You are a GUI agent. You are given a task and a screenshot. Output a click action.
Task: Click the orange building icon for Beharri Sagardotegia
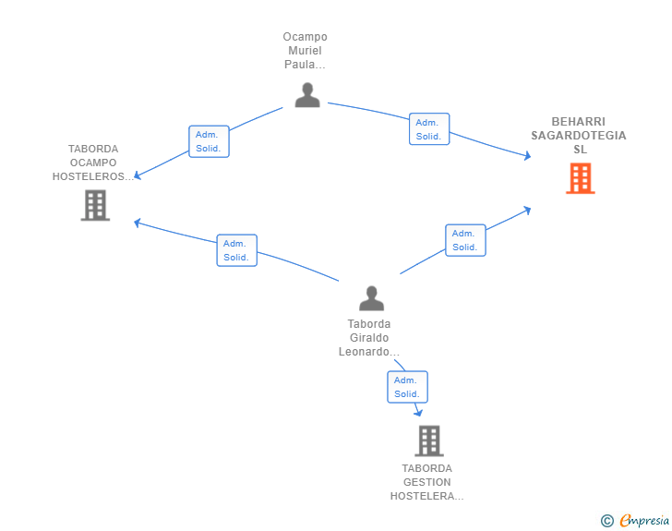click(581, 178)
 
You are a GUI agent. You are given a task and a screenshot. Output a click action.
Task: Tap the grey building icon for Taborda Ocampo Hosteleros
click(95, 205)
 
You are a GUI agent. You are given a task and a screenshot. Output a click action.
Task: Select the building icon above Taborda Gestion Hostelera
click(429, 440)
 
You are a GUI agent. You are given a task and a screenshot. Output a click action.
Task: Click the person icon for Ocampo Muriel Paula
click(307, 95)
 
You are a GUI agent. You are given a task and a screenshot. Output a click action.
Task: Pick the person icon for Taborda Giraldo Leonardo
click(372, 298)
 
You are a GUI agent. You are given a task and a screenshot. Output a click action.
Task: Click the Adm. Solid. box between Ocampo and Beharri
click(429, 129)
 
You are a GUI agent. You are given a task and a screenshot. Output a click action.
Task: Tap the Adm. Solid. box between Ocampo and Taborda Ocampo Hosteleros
click(209, 141)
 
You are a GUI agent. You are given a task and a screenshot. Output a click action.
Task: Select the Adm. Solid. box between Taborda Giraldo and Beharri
click(465, 240)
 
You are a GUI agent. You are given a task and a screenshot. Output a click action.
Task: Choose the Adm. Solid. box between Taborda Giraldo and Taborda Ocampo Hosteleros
click(236, 250)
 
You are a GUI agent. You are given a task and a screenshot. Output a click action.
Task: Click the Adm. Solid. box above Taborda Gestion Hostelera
click(407, 387)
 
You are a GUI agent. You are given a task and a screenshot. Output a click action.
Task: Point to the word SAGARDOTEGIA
click(579, 136)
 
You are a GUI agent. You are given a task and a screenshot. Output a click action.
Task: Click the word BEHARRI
click(579, 121)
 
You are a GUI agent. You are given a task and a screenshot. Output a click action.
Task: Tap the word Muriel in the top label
click(305, 51)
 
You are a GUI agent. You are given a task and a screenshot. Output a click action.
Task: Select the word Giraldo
click(369, 338)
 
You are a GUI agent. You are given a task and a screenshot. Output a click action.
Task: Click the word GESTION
click(426, 482)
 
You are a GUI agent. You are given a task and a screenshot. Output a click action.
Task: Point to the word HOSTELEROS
click(89, 176)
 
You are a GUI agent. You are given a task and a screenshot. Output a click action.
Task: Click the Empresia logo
click(644, 520)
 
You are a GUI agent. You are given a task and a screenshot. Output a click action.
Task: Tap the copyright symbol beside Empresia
click(606, 521)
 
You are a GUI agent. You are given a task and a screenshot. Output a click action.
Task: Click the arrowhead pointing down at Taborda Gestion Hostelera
click(418, 413)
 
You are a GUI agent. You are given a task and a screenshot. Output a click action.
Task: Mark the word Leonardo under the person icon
click(364, 352)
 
